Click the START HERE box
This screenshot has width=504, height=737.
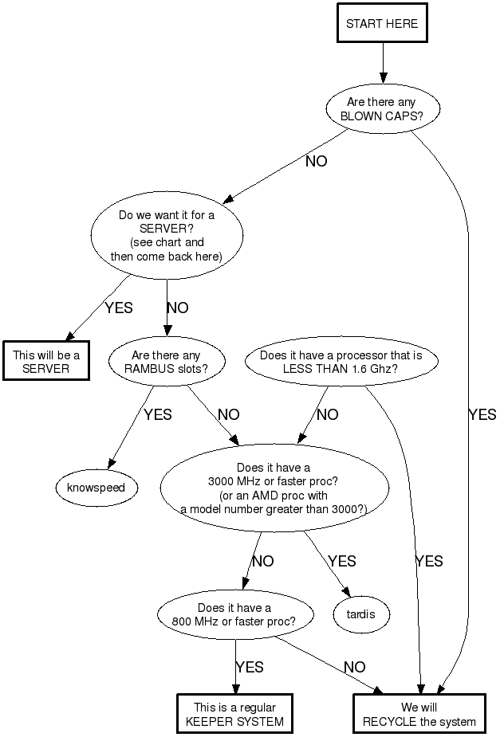[382, 24]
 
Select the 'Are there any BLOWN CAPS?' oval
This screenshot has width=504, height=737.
[382, 109]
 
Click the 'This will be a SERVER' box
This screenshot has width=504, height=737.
[45, 361]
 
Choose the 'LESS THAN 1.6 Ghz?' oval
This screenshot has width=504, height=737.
[341, 362]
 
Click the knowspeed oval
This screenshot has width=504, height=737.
[96, 487]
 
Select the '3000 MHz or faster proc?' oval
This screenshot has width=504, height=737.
[274, 488]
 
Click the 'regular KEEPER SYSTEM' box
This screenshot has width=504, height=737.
[234, 715]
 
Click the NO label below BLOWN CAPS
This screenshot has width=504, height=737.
[316, 161]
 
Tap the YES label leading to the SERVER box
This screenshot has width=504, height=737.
[118, 308]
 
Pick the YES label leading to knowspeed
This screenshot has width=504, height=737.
[157, 414]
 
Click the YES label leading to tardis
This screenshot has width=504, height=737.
[341, 562]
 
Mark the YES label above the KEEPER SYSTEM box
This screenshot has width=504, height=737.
[250, 668]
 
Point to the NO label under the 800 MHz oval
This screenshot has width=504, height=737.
[354, 668]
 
